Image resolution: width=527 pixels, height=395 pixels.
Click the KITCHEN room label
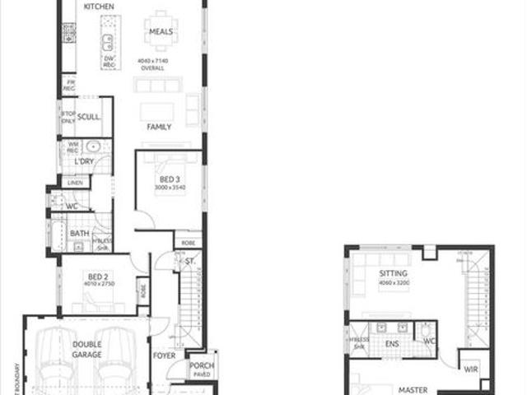pyautogui.click(x=99, y=7)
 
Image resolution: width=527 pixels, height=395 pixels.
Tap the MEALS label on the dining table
pyautogui.click(x=160, y=32)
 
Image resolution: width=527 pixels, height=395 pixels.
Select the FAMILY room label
pyautogui.click(x=159, y=128)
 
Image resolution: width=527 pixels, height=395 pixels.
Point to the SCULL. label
pyautogui.click(x=89, y=117)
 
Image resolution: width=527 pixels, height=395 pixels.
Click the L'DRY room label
pyautogui.click(x=84, y=162)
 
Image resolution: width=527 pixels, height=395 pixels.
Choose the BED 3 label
pyautogui.click(x=170, y=179)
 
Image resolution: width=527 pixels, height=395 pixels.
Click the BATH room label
pyautogui.click(x=80, y=234)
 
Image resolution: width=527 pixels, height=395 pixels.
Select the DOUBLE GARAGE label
pyautogui.click(x=86, y=349)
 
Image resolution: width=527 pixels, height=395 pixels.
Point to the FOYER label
pyautogui.click(x=164, y=356)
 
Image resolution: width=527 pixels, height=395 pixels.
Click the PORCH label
pyautogui.click(x=202, y=365)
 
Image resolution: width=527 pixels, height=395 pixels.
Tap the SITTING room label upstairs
pyautogui.click(x=394, y=274)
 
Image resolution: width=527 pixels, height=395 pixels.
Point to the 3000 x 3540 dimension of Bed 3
pyautogui.click(x=170, y=188)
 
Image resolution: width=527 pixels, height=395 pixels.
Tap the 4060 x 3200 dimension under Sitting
pyautogui.click(x=394, y=283)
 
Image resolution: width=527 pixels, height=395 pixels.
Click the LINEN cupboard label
pyautogui.click(x=76, y=182)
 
